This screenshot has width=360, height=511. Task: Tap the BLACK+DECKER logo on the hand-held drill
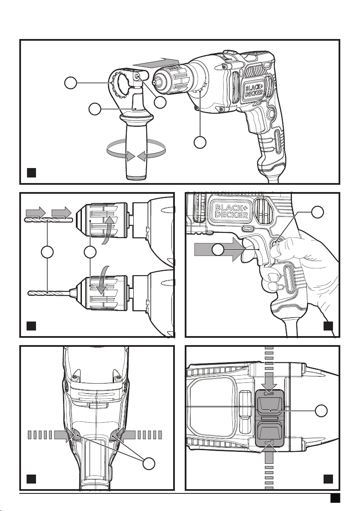[x=231, y=210]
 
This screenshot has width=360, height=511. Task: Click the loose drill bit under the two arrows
[x=48, y=221]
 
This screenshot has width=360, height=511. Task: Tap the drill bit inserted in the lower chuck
[x=52, y=292]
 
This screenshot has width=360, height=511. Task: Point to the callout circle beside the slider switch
[x=321, y=411]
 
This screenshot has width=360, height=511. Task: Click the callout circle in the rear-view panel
[x=149, y=464]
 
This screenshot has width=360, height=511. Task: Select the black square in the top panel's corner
[x=31, y=172]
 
